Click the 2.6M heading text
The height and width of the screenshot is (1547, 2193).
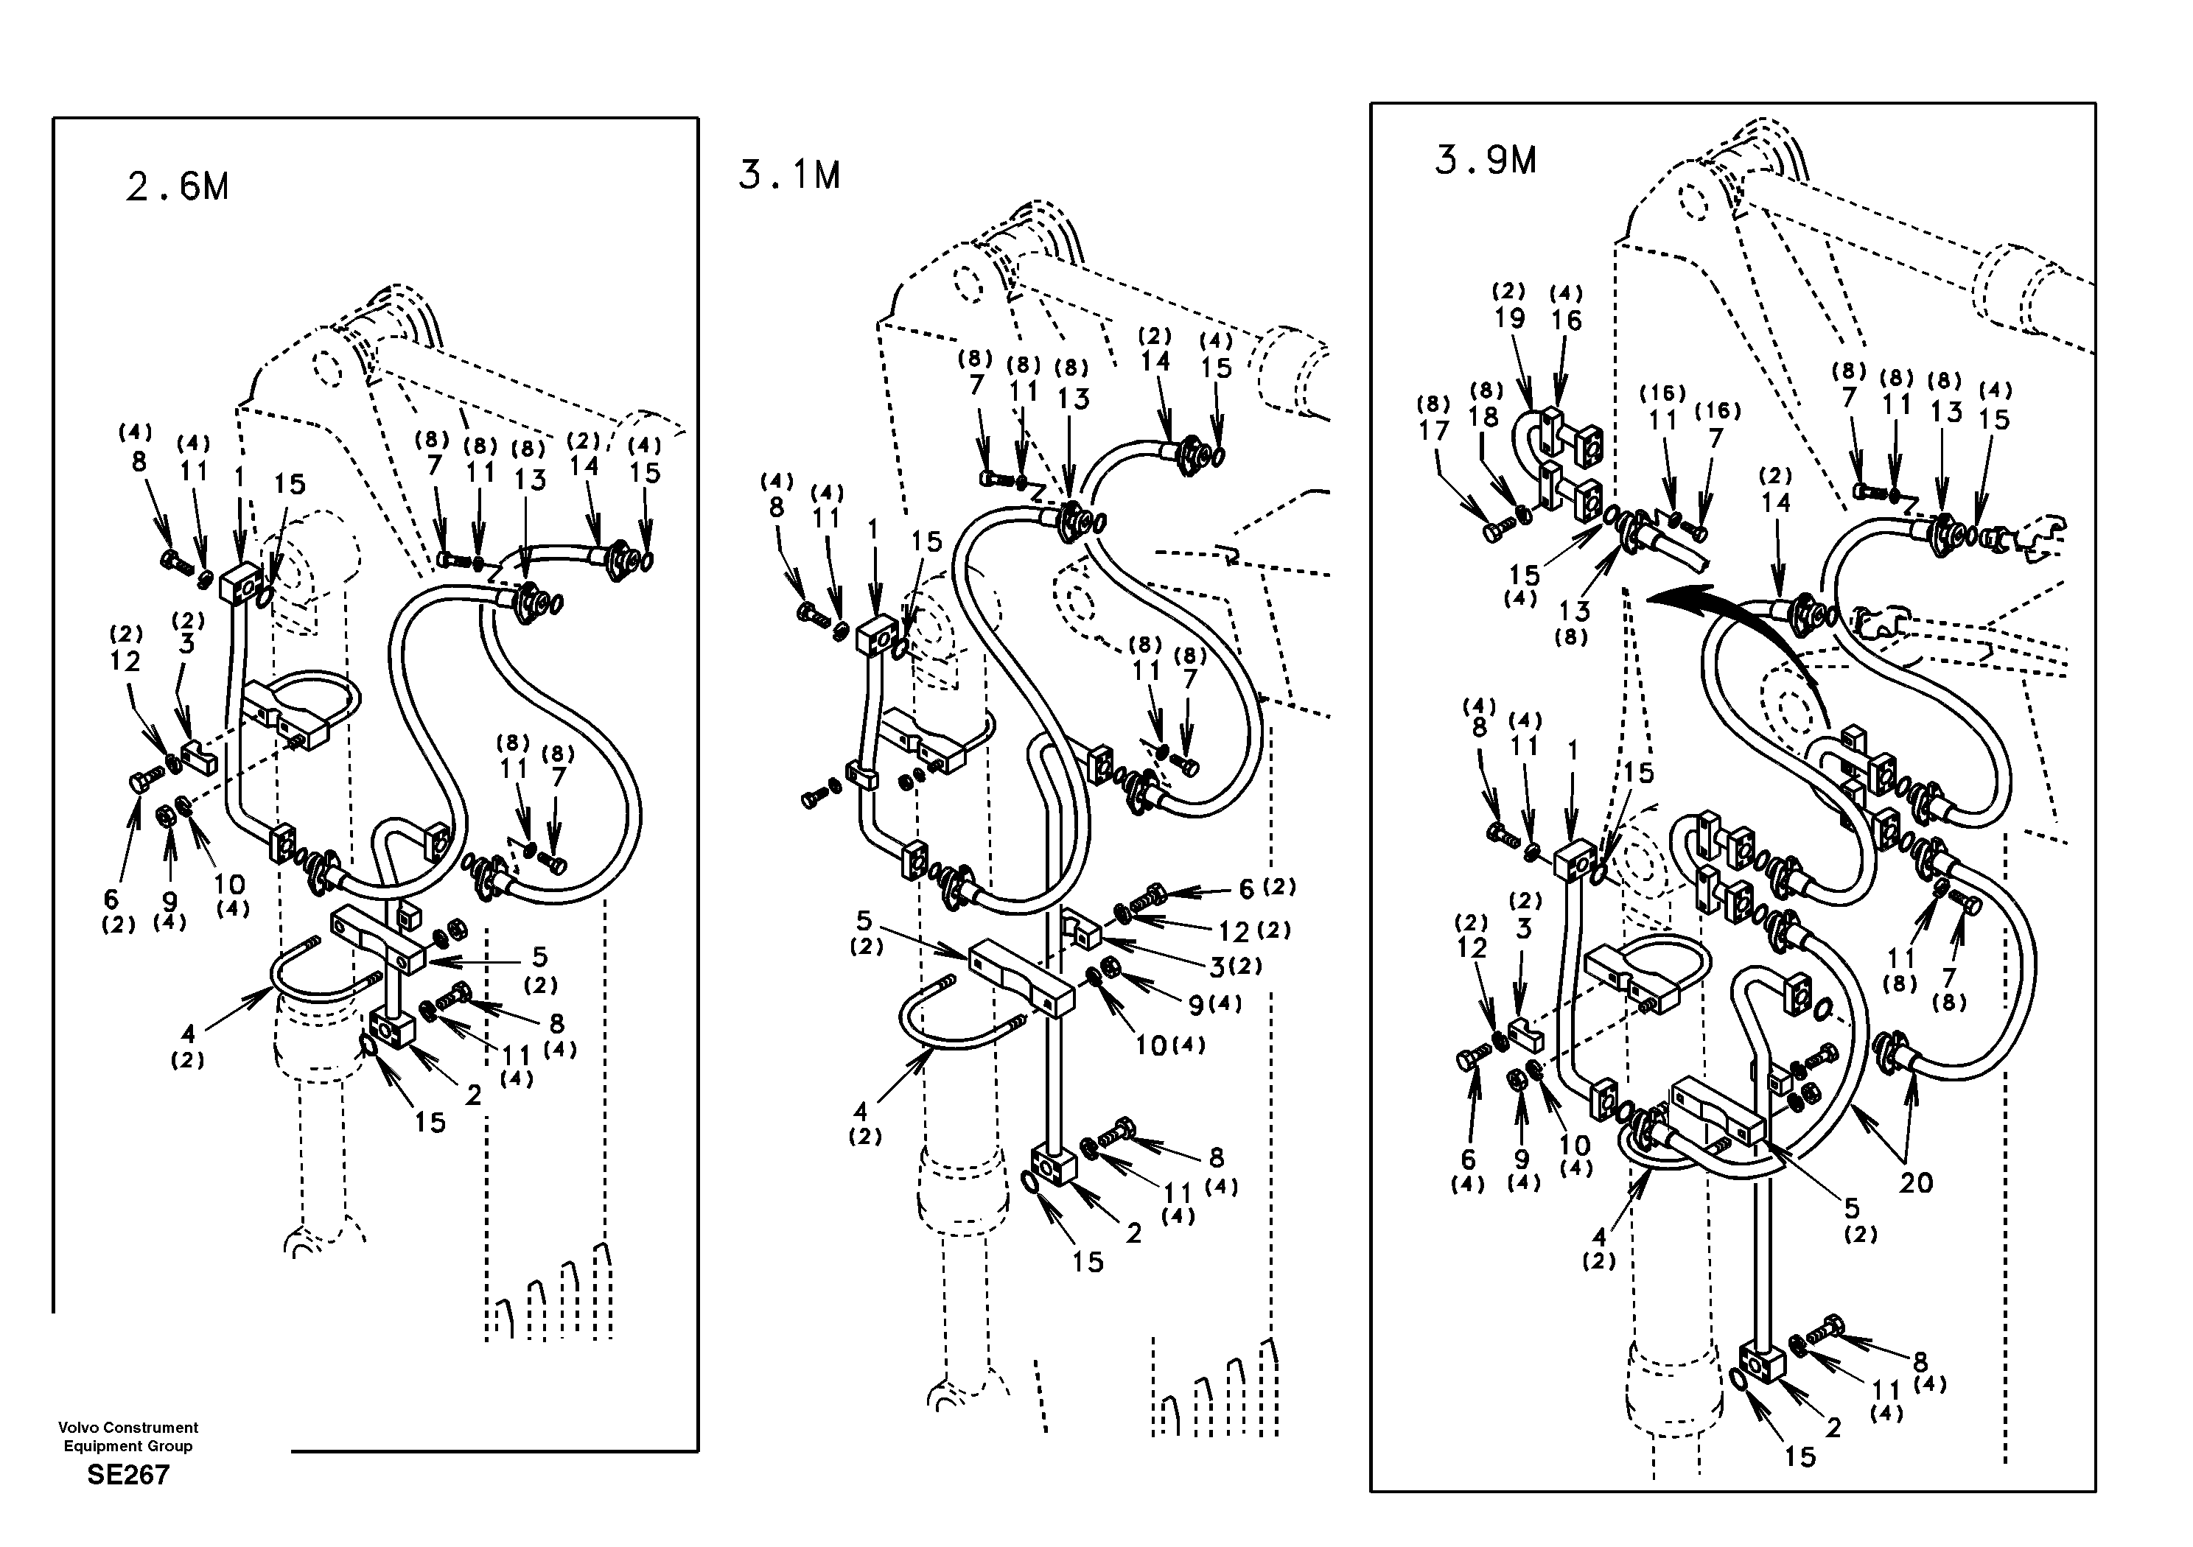[x=178, y=187]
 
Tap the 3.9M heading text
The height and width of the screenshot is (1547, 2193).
[x=1486, y=161]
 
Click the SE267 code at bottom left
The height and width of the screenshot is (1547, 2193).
[x=128, y=1476]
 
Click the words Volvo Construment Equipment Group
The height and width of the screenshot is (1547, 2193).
[x=128, y=1436]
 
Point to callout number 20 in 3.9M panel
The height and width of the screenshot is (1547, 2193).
[x=1915, y=1182]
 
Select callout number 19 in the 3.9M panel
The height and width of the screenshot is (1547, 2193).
[x=1509, y=318]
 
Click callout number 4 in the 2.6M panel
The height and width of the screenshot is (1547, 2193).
[x=188, y=1034]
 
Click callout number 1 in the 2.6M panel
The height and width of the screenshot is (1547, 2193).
[x=239, y=474]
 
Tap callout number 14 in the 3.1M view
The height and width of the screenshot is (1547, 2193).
[x=1155, y=361]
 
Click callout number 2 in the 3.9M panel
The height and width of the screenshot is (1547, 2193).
[x=1833, y=1428]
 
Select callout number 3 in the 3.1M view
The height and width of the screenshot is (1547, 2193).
[x=1217, y=967]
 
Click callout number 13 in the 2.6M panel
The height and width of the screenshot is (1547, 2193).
[x=530, y=480]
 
